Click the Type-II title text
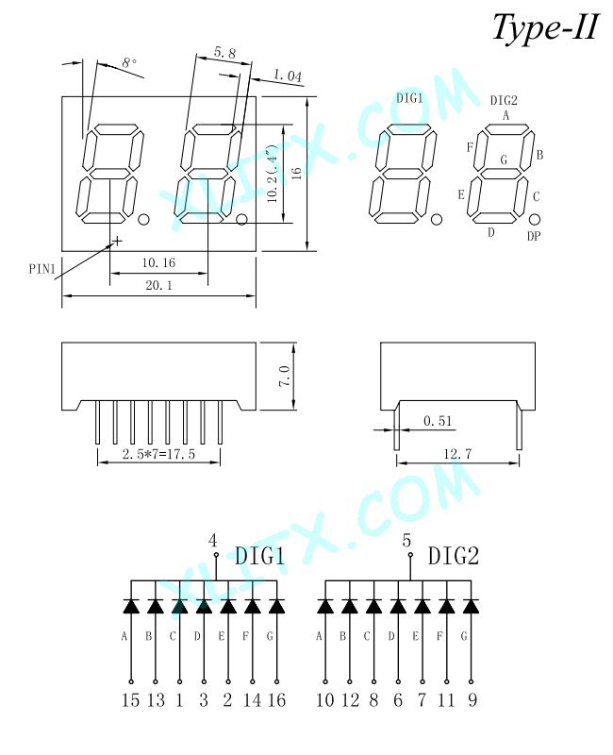click(545, 28)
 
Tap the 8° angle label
click(129, 63)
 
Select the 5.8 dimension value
click(225, 52)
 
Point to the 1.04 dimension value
click(288, 75)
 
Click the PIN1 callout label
click(42, 269)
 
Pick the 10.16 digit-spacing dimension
click(158, 262)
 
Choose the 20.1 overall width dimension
click(158, 285)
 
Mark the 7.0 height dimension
click(285, 376)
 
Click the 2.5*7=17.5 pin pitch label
click(158, 454)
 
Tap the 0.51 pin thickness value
click(438, 421)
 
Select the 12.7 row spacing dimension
click(457, 454)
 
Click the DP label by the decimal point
click(534, 236)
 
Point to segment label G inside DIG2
click(505, 159)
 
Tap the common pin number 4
click(213, 541)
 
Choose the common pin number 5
click(406, 541)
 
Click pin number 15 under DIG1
click(130, 699)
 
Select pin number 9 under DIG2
click(472, 699)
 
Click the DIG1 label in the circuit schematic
click(260, 556)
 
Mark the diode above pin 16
click(276, 606)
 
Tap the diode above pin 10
click(325, 606)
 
